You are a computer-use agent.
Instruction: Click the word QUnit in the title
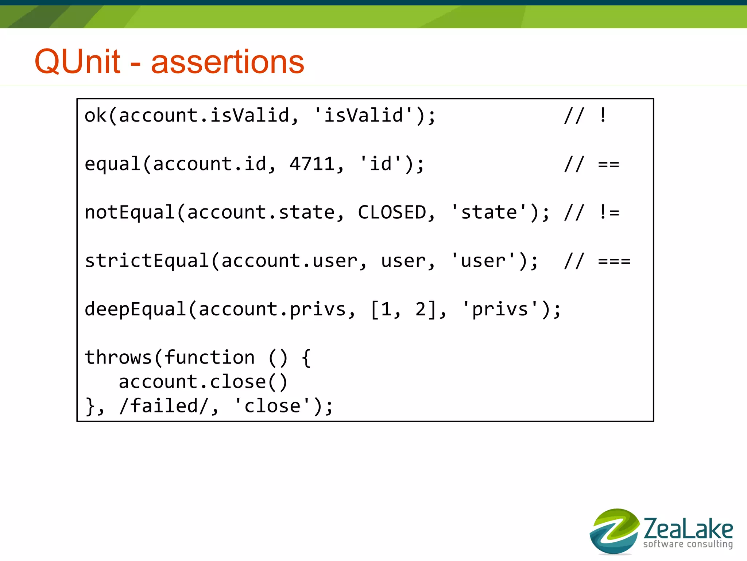[x=77, y=61]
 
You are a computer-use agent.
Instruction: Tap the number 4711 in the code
[x=312, y=164]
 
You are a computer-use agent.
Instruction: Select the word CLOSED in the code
[x=392, y=212]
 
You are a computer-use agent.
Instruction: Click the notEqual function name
[x=130, y=212]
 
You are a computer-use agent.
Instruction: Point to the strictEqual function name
[x=147, y=261]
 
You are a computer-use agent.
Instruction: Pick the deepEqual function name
[x=136, y=310]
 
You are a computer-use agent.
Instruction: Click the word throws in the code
[x=118, y=357]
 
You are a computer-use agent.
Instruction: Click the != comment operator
[x=609, y=212]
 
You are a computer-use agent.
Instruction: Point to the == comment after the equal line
[x=608, y=164]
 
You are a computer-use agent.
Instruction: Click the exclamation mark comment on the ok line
[x=603, y=116]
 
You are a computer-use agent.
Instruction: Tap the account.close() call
[x=203, y=382]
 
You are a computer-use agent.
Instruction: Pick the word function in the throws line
[x=209, y=357]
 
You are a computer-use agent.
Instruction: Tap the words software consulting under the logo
[x=688, y=544]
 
